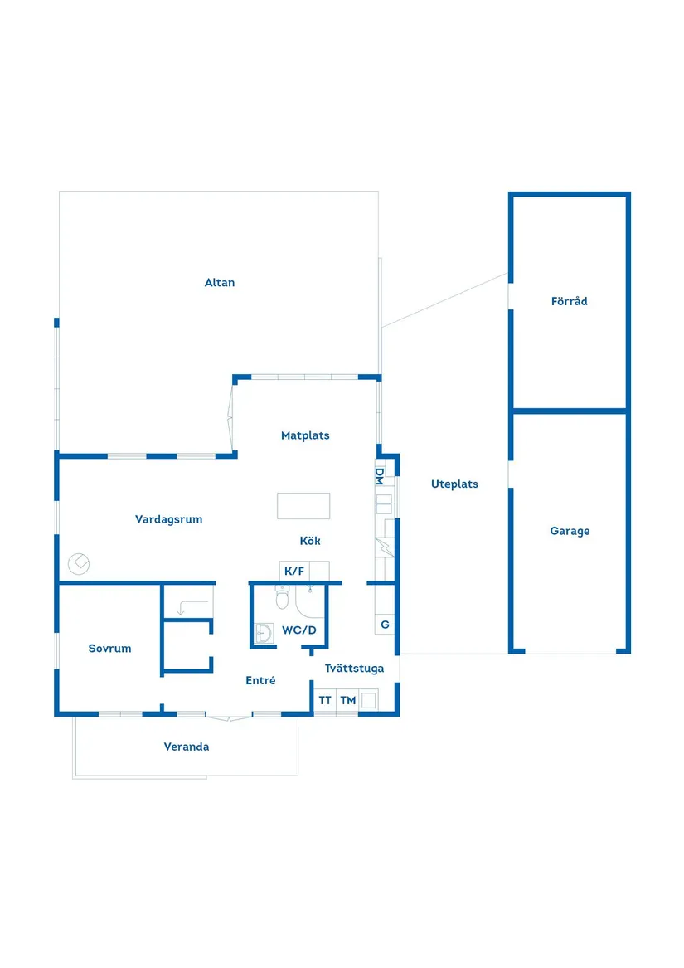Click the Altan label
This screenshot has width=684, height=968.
[x=219, y=283]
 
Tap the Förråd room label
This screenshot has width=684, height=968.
[x=570, y=301]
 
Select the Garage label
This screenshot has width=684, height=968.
[x=570, y=531]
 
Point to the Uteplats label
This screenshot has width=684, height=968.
[x=454, y=484]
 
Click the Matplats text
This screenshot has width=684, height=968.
[x=305, y=435]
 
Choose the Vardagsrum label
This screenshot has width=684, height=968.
[x=168, y=520]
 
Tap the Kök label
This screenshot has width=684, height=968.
[x=310, y=541]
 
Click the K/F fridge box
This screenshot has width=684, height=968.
[x=294, y=571]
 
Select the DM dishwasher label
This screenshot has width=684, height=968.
[x=380, y=476]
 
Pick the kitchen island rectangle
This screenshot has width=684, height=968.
[x=303, y=506]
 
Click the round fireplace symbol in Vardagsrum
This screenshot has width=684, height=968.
[x=79, y=564]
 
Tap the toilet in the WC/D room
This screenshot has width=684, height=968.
[x=282, y=596]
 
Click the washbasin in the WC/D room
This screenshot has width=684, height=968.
[x=264, y=634]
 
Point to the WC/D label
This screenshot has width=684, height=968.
[x=299, y=630]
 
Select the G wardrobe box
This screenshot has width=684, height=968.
[x=385, y=624]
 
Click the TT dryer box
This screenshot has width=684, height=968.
[x=325, y=700]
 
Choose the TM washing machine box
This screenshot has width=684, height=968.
[x=347, y=700]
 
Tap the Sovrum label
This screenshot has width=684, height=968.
[x=110, y=648]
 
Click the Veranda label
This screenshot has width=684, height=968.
[x=187, y=747]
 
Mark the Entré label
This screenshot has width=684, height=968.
[x=260, y=680]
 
